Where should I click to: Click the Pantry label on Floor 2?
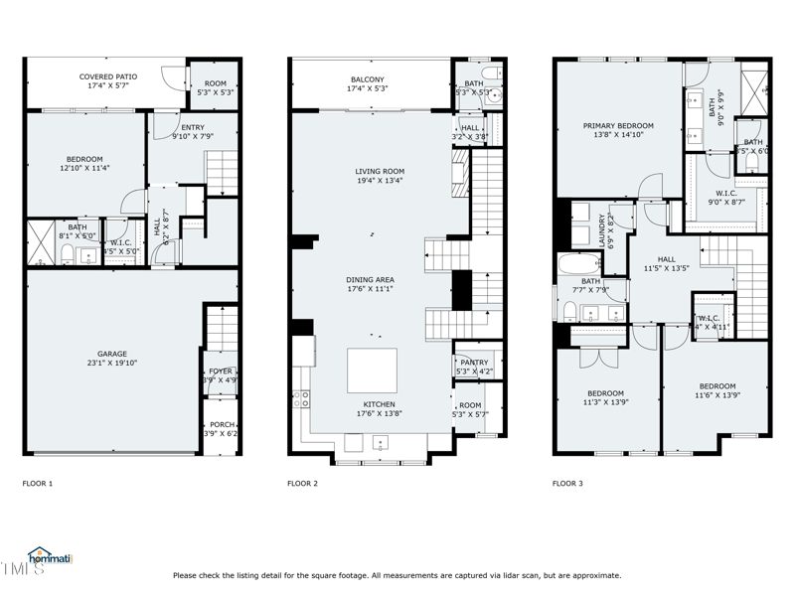pyautogui.click(x=472, y=367)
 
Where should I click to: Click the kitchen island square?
pyautogui.click(x=372, y=371)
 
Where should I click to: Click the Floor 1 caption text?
pyautogui.click(x=38, y=484)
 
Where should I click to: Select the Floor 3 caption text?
pyautogui.click(x=567, y=484)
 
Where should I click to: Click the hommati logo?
pyautogui.click(x=52, y=558)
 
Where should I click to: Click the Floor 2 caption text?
pyautogui.click(x=302, y=484)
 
